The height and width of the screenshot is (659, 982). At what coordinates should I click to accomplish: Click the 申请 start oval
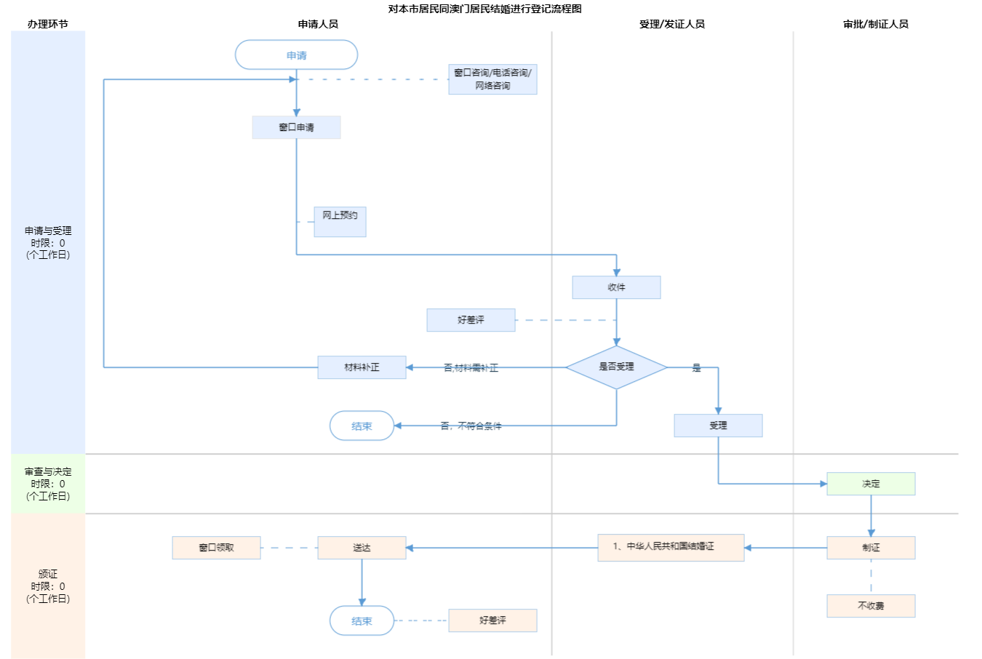296,55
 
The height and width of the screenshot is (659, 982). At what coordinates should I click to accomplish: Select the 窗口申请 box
296,127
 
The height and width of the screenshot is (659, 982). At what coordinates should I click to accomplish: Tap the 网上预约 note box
340,221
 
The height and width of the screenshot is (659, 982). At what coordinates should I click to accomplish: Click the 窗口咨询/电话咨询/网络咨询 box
492,79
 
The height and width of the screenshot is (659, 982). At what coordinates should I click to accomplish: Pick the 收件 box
616,287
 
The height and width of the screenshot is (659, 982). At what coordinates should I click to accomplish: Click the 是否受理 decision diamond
616,367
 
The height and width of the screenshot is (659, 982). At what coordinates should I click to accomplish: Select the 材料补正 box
362,367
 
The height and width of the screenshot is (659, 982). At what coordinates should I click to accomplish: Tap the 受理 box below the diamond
718,426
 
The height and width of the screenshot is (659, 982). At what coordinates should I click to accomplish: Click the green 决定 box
871,484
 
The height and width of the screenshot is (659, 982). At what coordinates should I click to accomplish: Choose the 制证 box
871,548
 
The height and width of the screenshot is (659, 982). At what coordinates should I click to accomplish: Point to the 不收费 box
871,606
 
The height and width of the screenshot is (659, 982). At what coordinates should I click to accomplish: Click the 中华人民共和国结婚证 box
671,548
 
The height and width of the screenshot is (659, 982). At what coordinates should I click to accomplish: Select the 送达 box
362,548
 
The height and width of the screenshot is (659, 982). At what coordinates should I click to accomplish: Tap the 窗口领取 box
216,548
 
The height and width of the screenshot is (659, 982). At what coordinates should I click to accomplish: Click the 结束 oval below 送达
362,621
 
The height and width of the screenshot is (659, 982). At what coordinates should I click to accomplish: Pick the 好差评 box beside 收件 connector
471,320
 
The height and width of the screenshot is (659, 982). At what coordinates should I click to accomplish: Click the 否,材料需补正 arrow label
471,368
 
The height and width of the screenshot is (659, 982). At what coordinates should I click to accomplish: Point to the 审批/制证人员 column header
876,24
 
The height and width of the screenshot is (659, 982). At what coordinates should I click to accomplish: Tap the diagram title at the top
484,9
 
